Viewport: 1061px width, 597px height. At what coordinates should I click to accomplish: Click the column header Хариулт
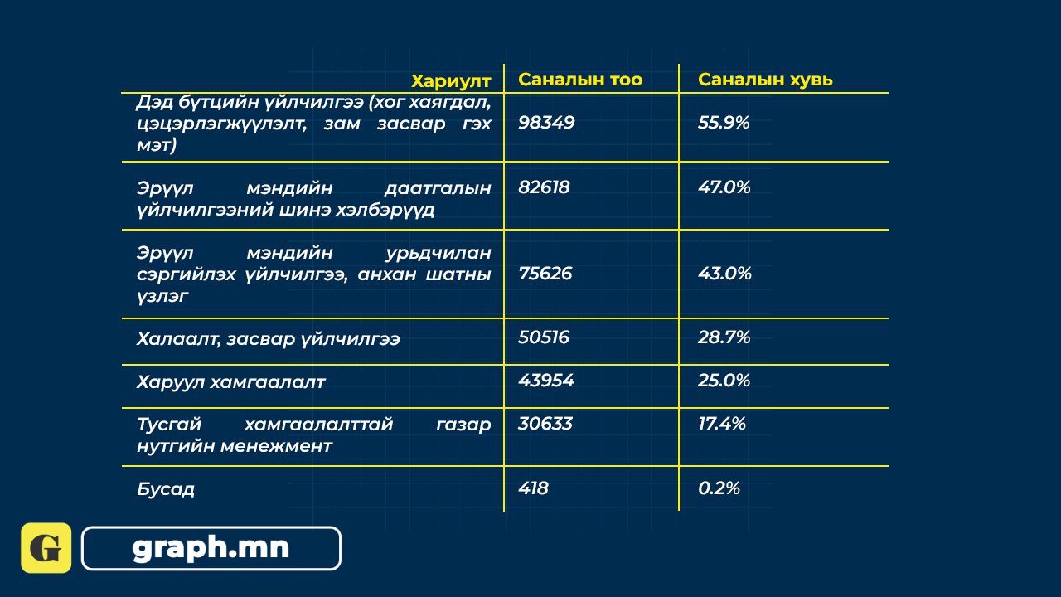tap(451, 81)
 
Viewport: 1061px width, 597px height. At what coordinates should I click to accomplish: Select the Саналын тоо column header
tap(580, 80)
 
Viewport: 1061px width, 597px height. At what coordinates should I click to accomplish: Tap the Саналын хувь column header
tap(765, 80)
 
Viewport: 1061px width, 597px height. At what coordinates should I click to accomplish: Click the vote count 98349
tap(546, 122)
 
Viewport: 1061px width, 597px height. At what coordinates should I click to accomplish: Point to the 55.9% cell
tap(724, 122)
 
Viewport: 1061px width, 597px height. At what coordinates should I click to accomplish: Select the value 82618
tap(544, 187)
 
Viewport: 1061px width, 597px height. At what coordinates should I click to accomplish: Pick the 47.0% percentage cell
tap(724, 187)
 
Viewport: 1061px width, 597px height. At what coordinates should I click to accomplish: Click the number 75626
tap(545, 274)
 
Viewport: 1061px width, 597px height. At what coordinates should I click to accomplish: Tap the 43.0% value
tap(724, 274)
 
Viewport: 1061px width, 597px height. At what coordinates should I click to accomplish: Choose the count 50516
tap(543, 337)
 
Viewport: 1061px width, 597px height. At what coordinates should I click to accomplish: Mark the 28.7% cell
tap(724, 337)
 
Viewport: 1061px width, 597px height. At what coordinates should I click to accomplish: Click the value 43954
tap(546, 381)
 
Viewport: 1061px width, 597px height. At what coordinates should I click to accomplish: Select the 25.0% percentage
tap(724, 381)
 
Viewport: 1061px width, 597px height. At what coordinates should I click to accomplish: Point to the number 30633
tap(545, 424)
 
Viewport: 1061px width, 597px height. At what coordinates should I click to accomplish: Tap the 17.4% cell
tap(722, 424)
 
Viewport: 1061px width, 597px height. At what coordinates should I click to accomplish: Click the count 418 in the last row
tap(533, 488)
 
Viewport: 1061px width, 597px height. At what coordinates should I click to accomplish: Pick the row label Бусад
tap(166, 489)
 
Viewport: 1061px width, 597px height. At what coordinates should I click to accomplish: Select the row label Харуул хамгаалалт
tap(231, 382)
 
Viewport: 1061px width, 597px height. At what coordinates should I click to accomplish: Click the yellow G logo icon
tap(46, 548)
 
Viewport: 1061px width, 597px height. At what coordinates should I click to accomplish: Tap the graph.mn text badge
tap(211, 548)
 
